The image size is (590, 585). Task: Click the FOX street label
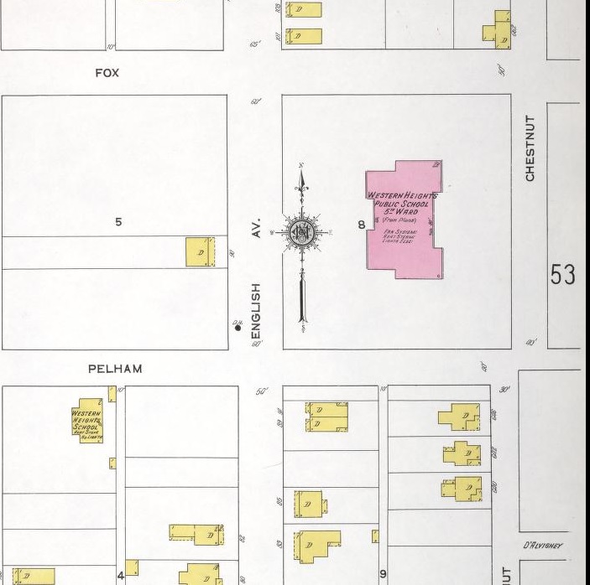(107, 73)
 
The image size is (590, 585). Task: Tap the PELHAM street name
(115, 369)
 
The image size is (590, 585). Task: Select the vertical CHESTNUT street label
(530, 148)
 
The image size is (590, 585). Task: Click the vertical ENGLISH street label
(257, 307)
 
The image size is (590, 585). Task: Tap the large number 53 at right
(562, 275)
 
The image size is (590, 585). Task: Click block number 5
(118, 222)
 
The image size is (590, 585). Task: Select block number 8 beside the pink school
(361, 224)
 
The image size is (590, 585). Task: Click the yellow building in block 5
(201, 251)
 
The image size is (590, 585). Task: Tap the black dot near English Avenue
(238, 329)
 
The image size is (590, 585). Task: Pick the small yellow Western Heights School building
(88, 423)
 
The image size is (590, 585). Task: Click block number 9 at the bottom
(383, 574)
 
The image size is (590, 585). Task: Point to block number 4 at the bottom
(120, 576)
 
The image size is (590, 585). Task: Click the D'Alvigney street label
(542, 546)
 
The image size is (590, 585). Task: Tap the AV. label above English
(257, 228)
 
